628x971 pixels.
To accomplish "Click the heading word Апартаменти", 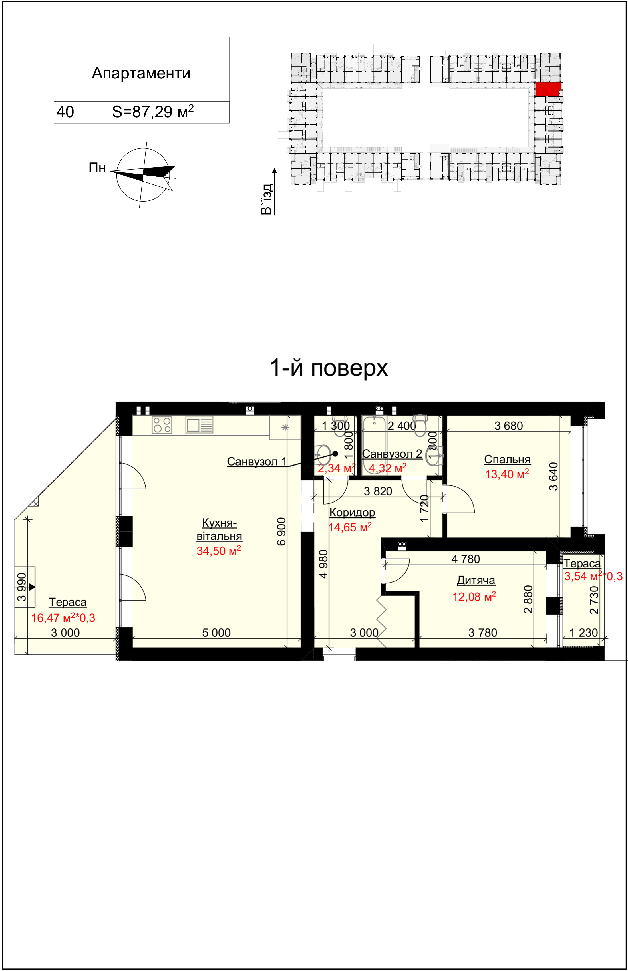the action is click(141, 73).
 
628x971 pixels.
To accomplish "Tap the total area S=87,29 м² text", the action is click(153, 111).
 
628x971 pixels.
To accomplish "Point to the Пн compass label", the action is click(97, 168).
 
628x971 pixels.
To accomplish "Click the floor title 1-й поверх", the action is click(329, 367).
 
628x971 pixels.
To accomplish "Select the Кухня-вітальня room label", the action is click(220, 529).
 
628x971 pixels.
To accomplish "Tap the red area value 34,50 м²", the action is click(219, 551).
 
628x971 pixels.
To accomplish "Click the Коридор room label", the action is click(352, 512).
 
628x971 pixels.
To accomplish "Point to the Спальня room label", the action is click(507, 460).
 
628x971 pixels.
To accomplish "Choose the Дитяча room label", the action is click(476, 580).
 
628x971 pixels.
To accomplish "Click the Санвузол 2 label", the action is click(392, 454).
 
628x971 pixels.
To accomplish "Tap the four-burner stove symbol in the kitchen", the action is click(162, 425).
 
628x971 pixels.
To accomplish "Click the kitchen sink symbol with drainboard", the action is click(200, 425).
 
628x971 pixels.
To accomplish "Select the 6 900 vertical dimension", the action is click(281, 531).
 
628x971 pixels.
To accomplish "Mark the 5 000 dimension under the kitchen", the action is click(217, 633).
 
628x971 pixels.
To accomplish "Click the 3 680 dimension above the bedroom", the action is click(508, 426).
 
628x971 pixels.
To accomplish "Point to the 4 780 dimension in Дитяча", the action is click(466, 559).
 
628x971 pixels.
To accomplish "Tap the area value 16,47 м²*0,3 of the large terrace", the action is click(63, 618).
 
